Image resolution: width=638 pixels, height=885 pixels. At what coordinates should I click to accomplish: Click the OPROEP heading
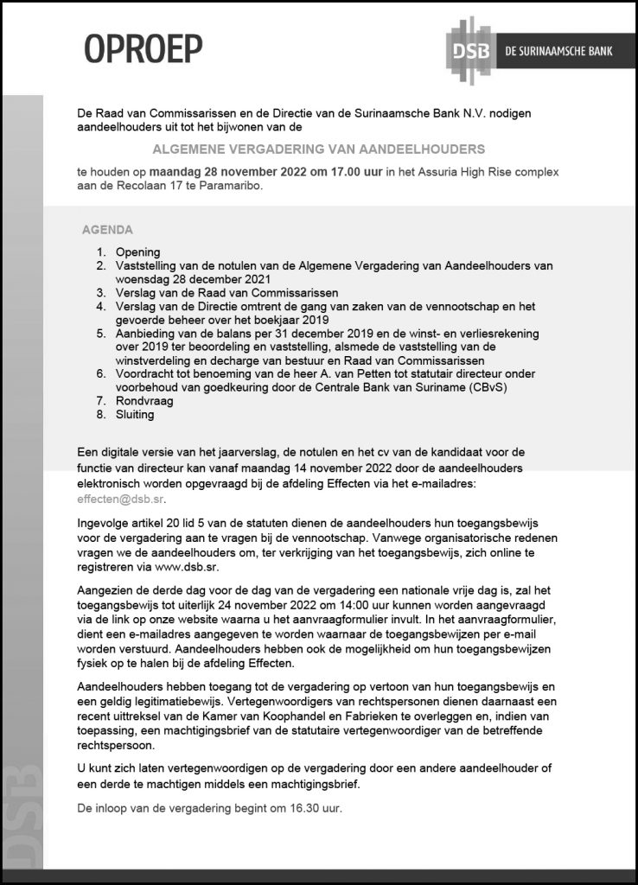pos(143,49)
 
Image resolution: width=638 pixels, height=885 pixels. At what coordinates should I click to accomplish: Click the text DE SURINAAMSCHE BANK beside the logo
pos(558,51)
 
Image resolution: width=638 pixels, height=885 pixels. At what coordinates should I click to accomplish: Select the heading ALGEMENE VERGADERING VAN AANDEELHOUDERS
pos(325,149)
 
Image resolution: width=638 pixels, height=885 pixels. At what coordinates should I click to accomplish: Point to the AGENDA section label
pos(107,230)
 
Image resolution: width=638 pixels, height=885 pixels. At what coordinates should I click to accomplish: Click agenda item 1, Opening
pos(137,251)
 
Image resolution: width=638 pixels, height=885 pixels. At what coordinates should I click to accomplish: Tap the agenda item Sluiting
pos(135,414)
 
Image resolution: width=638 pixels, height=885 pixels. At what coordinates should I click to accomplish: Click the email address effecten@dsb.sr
pos(120,499)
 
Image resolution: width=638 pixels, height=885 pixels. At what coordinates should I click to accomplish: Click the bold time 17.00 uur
pos(352,172)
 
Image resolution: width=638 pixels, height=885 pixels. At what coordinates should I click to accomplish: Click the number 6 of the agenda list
pos(100,373)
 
